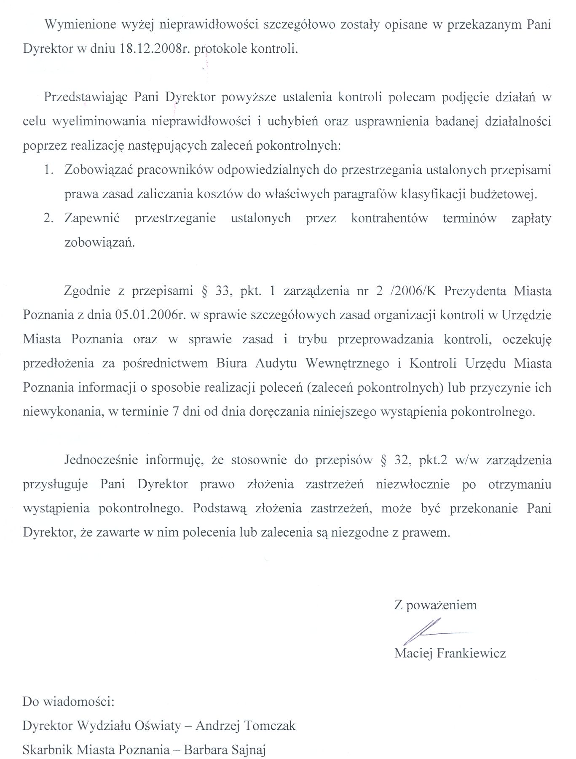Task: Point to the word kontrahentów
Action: click(389, 218)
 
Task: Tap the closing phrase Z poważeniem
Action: click(435, 606)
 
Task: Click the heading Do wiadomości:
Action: click(68, 702)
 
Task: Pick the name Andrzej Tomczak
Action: click(246, 726)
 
